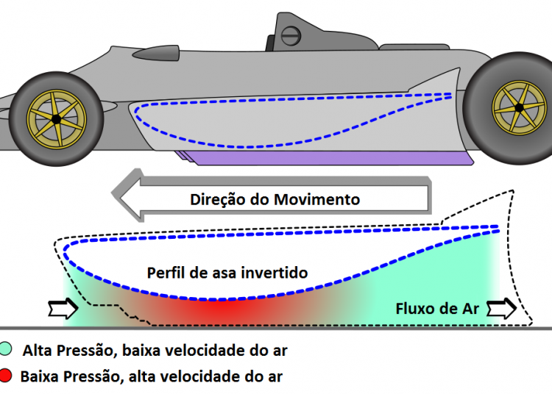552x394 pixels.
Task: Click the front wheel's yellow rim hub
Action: point(55,118)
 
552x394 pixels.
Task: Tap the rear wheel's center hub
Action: point(520,108)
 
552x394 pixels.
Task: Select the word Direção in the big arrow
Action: point(216,199)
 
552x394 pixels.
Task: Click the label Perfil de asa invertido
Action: point(227,273)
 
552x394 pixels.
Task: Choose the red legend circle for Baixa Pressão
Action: point(7,377)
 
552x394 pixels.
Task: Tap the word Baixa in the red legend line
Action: point(40,377)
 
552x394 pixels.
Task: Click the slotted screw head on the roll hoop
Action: point(291,35)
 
